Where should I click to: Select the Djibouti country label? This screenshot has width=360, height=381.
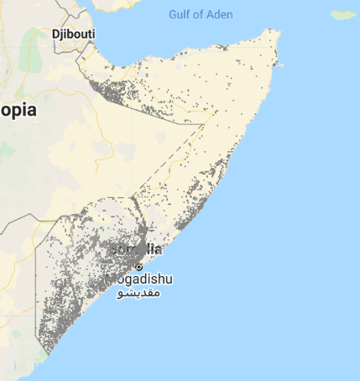point(73,34)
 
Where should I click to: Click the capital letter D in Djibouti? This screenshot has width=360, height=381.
point(55,34)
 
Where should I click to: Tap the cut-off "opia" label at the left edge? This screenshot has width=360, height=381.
point(16,111)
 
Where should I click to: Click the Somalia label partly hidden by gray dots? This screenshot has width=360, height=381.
point(138,249)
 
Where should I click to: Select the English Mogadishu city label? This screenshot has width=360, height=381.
point(139,279)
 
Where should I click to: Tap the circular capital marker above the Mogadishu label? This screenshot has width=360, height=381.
point(139,266)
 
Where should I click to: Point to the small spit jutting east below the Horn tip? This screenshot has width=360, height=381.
point(282,65)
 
